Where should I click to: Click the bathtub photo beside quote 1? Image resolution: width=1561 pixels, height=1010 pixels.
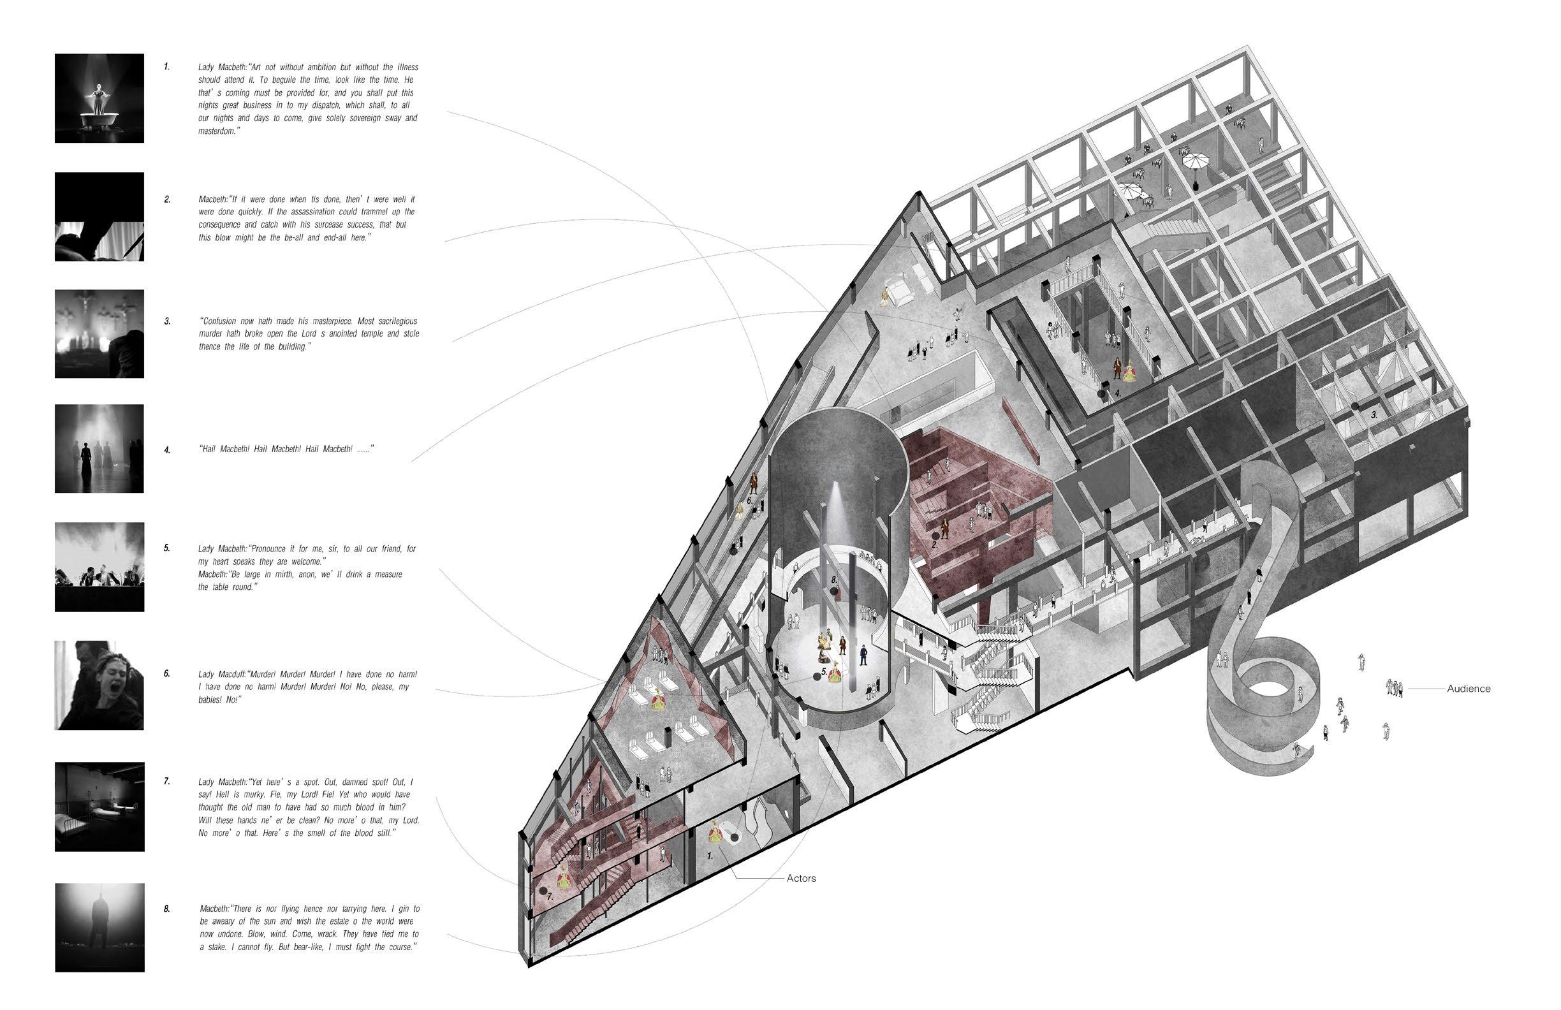(x=99, y=98)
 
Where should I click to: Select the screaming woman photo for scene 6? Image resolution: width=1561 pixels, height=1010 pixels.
(x=99, y=685)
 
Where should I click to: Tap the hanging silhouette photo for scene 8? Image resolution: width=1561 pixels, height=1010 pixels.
(x=99, y=927)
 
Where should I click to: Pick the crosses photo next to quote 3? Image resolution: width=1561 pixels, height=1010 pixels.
(x=99, y=334)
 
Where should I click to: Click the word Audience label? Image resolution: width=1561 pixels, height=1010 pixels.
(x=1469, y=689)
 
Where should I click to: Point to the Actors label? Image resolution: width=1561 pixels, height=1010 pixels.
(x=801, y=878)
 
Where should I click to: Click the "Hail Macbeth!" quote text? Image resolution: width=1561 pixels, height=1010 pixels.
(x=285, y=450)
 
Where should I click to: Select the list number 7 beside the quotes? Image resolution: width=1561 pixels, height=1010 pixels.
(x=167, y=782)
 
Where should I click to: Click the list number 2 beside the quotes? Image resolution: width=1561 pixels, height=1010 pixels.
(x=167, y=200)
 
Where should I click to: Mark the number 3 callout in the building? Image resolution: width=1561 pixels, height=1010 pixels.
(x=1374, y=415)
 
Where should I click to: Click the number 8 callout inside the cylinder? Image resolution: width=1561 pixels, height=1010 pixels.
(x=833, y=580)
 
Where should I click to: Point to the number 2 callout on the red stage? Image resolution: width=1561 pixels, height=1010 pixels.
(x=935, y=545)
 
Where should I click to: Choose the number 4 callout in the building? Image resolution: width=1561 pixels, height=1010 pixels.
(x=1117, y=394)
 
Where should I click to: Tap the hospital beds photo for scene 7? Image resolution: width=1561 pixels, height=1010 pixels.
(x=99, y=807)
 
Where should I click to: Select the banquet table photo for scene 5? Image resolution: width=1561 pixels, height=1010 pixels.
(x=99, y=567)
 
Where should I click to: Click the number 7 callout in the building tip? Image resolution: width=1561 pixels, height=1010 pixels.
(x=550, y=896)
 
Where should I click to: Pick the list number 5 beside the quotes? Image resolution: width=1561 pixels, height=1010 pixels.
(x=167, y=548)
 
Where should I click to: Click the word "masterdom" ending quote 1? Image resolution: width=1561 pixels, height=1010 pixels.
(x=217, y=131)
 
